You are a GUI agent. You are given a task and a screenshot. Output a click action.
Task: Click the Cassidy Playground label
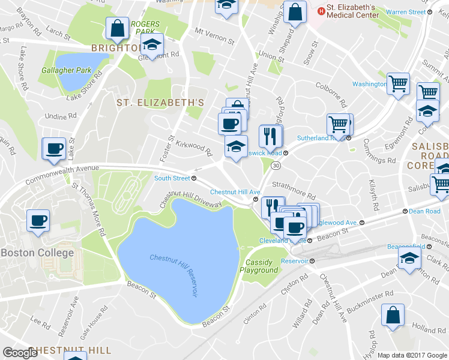tap(259, 266)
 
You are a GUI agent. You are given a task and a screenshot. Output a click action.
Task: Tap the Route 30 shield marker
tap(275, 164)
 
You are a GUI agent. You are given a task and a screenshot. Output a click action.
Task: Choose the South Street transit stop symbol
tap(194, 178)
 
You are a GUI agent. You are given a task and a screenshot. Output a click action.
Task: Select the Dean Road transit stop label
tap(424, 211)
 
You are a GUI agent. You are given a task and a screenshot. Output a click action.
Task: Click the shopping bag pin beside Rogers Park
tap(117, 28)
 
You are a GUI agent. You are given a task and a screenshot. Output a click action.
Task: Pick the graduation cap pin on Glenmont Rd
tap(152, 44)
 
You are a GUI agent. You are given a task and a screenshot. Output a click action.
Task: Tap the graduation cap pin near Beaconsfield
tap(409, 259)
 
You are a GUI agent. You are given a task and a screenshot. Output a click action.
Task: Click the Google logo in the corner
tap(20, 353)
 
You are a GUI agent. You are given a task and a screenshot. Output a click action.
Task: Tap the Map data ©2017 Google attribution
tap(412, 355)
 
